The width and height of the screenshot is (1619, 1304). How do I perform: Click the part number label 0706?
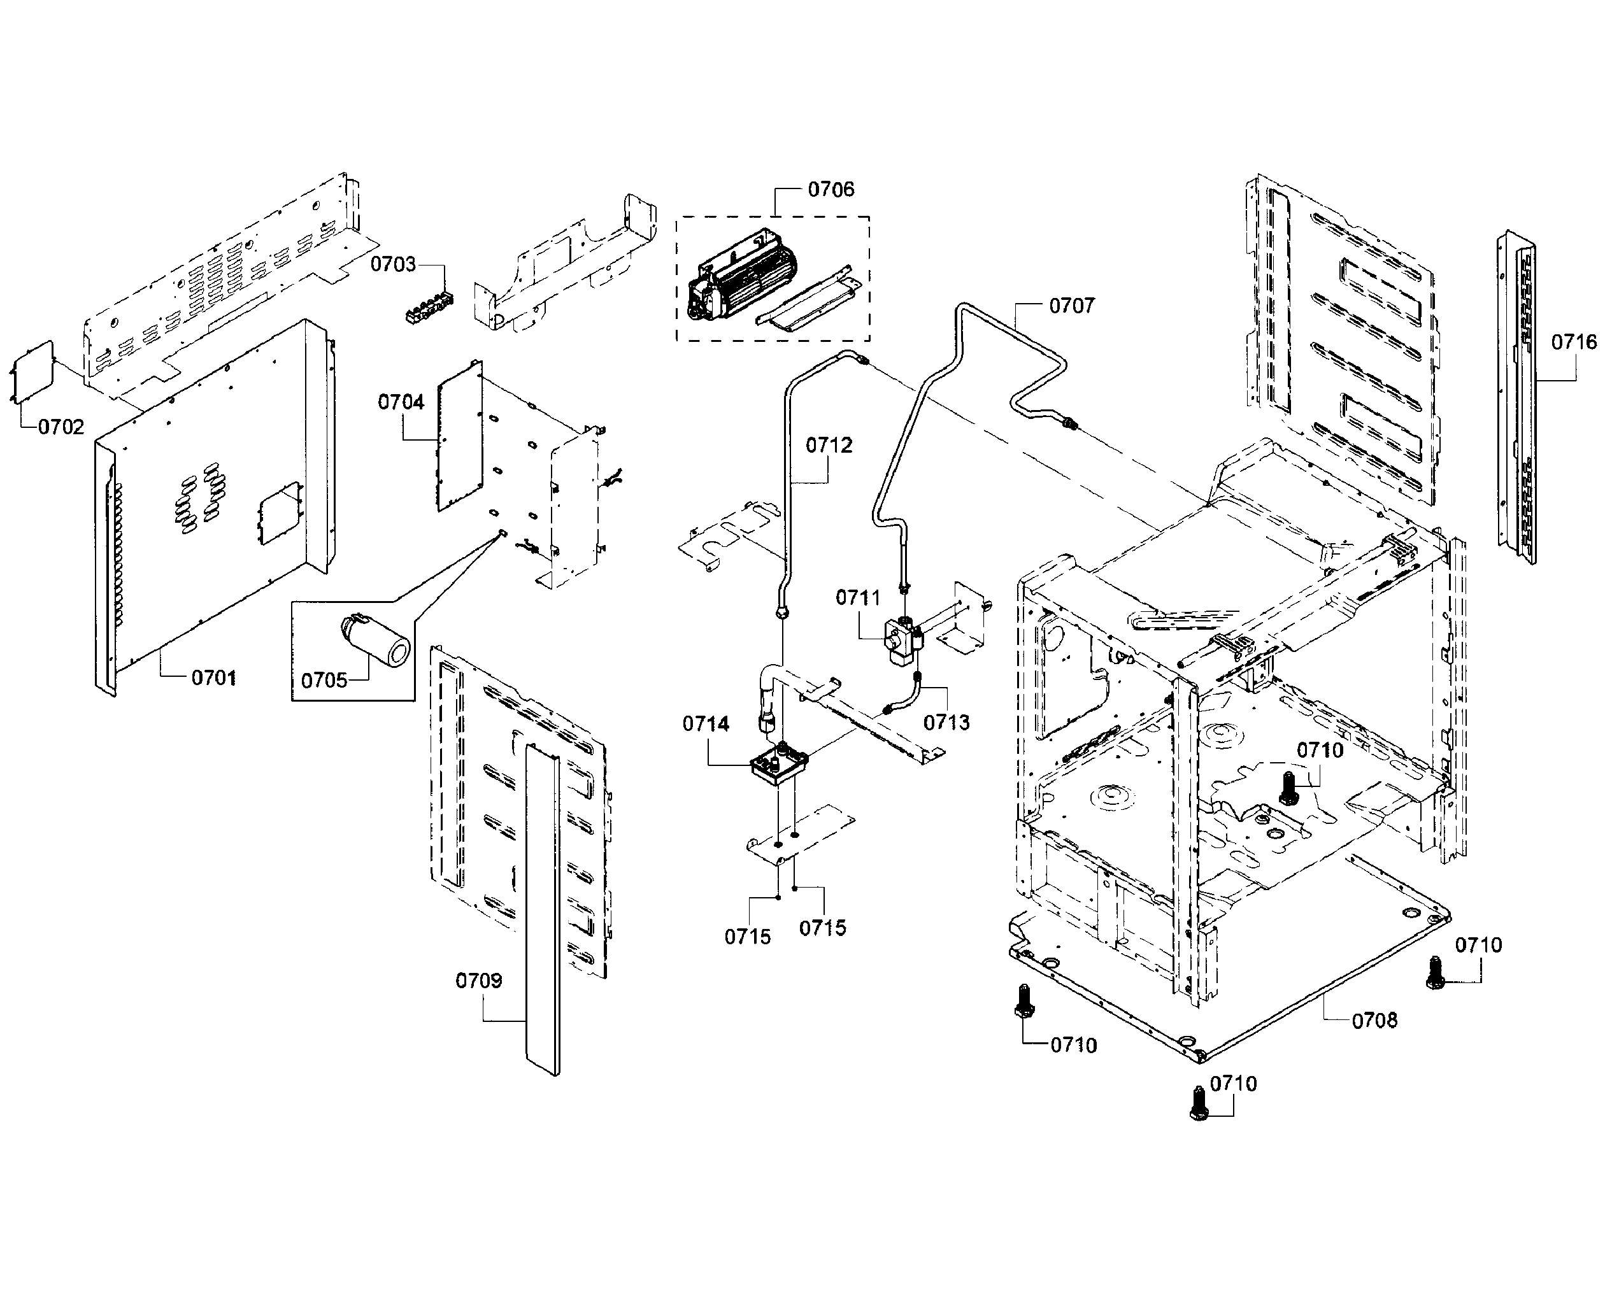831,189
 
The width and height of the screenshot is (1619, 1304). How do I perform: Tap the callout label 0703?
392,264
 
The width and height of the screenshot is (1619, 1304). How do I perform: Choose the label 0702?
61,427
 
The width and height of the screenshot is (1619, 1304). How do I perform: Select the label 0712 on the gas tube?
829,446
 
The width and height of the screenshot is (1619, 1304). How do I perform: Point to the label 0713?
946,723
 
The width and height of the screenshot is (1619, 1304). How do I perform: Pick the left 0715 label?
748,937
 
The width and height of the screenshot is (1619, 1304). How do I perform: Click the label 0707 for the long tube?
1071,306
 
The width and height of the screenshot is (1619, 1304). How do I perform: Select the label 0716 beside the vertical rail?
1574,343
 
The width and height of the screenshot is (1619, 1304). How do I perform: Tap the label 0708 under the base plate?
1374,1020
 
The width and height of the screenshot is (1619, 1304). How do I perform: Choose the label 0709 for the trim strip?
478,981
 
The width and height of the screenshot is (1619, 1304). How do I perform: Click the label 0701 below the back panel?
213,677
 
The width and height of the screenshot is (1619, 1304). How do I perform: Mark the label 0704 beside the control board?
401,402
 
